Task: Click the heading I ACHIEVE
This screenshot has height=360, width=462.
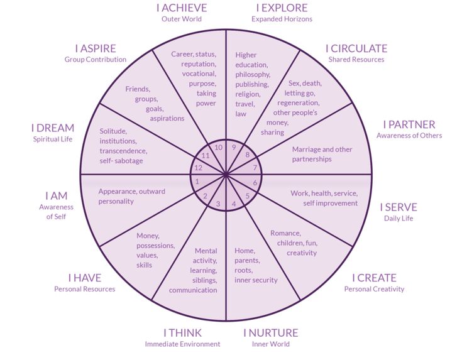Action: (182, 8)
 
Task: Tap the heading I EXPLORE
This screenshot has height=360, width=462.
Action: (282, 8)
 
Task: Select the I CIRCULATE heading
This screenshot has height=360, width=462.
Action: (356, 48)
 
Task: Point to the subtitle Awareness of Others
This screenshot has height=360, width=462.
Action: (409, 135)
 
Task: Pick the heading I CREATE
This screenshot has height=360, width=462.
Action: (374, 278)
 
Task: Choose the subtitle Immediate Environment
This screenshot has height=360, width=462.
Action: (182, 344)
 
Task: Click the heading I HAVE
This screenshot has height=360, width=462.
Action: (85, 278)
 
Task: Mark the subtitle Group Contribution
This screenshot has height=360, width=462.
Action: (96, 59)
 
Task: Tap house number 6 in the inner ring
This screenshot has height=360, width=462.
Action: (255, 183)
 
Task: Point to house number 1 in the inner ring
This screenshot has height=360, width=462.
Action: (197, 182)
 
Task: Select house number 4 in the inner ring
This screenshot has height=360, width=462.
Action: (234, 204)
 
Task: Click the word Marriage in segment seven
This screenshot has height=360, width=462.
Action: (307, 150)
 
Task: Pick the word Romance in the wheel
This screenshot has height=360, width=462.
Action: (285, 233)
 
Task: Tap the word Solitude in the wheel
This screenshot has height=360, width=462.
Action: (114, 131)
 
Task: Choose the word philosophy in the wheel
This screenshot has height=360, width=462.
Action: (253, 74)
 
